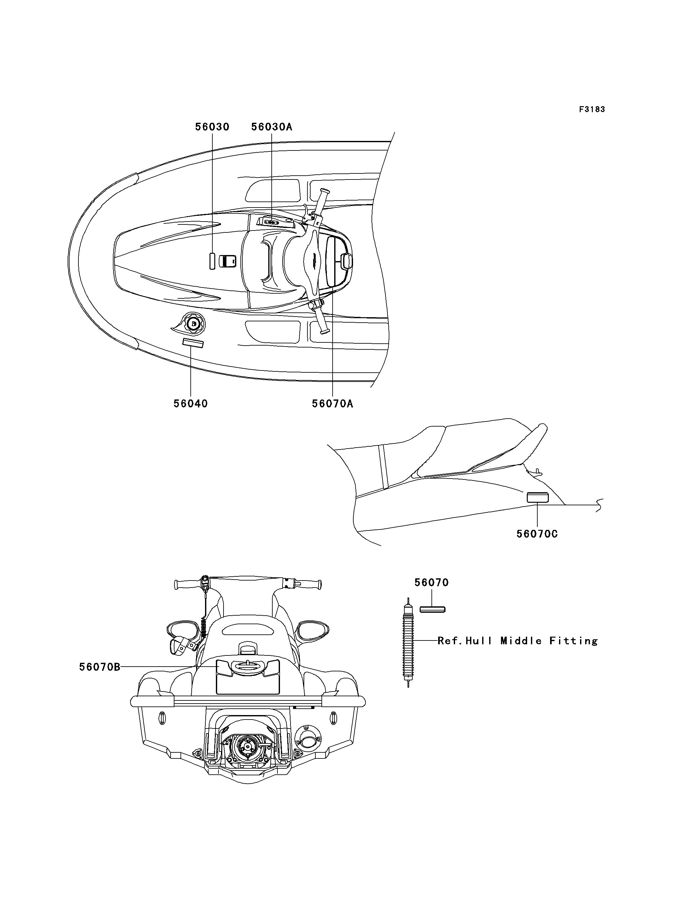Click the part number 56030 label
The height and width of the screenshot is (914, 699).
tap(212, 127)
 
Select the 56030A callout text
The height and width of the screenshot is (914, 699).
tap(272, 127)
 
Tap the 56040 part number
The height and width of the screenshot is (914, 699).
tap(191, 404)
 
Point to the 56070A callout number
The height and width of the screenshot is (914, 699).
tap(333, 404)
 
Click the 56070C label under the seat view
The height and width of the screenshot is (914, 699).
tap(537, 534)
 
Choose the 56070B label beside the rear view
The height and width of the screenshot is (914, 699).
tap(100, 667)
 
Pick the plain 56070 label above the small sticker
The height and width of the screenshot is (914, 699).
tap(432, 583)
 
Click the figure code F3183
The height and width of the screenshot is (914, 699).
tap(592, 109)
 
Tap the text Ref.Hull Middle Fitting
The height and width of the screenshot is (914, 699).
tap(518, 641)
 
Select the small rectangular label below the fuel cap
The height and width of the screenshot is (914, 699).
tap(193, 343)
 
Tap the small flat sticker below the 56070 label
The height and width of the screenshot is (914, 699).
tap(432, 610)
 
